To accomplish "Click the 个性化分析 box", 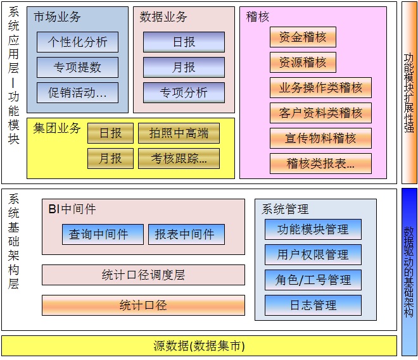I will coord(78,42).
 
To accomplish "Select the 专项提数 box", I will coord(78,68).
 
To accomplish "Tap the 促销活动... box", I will coord(78,93).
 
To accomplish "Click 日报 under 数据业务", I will coord(184,42).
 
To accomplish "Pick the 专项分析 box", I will coord(184,93).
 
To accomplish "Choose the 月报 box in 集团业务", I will coord(110,158).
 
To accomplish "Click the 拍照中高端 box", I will coord(179,133).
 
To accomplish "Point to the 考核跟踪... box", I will coord(179,158).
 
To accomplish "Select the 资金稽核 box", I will coord(303,37).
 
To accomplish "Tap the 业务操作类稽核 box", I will coord(320,88).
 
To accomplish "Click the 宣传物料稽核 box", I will coord(320,138).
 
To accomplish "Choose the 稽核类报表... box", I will coord(320,164).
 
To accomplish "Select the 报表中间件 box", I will coord(185,234).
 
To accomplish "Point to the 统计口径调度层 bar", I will coord(143,275).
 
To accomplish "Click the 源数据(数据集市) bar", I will coord(199,345).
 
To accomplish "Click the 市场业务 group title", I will coord(58,17).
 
